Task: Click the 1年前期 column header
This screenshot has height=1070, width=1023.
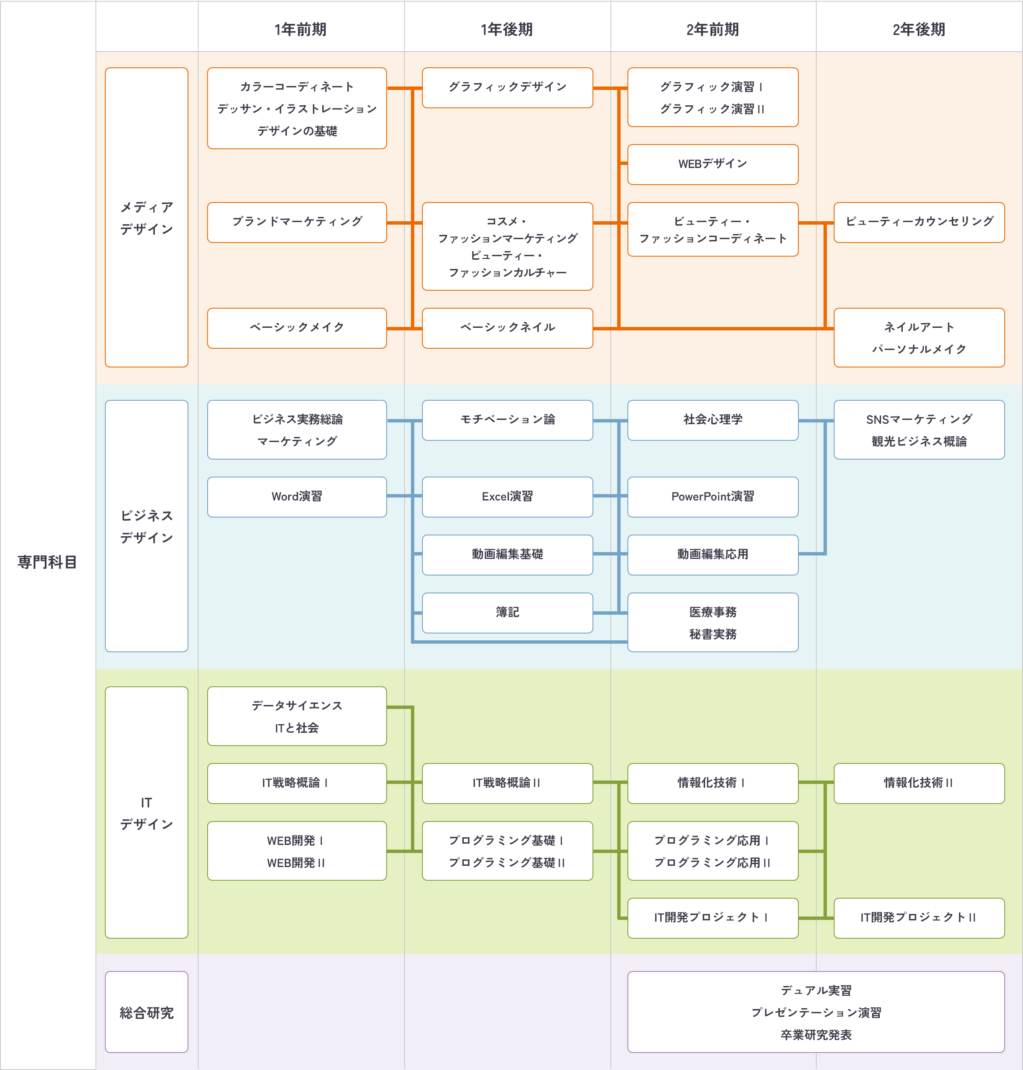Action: (301, 29)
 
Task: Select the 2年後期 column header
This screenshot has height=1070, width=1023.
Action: (919, 29)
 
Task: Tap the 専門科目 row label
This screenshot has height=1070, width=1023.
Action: (47, 562)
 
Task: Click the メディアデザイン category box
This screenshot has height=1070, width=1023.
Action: (146, 217)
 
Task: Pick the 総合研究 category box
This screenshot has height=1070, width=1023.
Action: (146, 1012)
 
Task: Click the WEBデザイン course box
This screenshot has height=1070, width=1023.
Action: (712, 164)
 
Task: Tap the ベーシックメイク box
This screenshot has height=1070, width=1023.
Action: (297, 328)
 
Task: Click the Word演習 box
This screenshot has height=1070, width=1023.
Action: (297, 497)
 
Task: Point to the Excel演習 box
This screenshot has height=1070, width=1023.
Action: (507, 497)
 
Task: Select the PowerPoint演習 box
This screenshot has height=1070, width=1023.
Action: (712, 497)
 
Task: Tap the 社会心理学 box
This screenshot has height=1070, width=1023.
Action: (712, 420)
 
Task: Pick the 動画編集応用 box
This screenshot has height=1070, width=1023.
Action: (712, 555)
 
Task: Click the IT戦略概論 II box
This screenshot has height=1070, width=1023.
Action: (507, 783)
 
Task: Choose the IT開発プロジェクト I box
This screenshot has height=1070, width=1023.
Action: (712, 918)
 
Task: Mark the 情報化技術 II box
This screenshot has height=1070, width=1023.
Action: (919, 783)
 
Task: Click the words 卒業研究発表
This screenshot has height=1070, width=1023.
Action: (816, 1035)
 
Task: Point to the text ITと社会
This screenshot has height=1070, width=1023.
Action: (297, 728)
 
